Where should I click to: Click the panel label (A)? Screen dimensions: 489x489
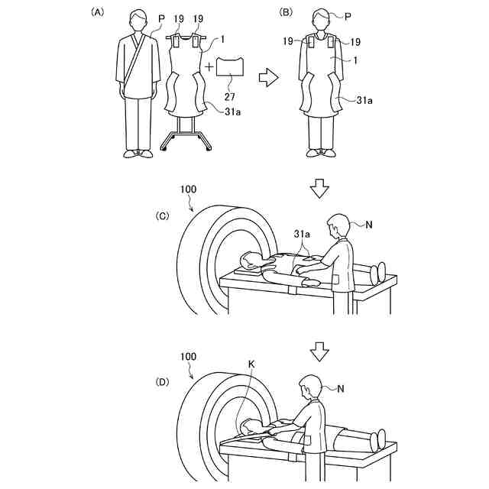coord(97,12)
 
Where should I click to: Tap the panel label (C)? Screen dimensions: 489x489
coord(162,216)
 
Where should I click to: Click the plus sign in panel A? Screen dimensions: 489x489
coord(209,66)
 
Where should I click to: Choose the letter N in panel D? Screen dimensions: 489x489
coord(342,389)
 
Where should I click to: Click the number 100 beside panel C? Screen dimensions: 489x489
coord(190,187)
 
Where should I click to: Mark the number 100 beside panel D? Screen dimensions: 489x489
coord(190,356)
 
